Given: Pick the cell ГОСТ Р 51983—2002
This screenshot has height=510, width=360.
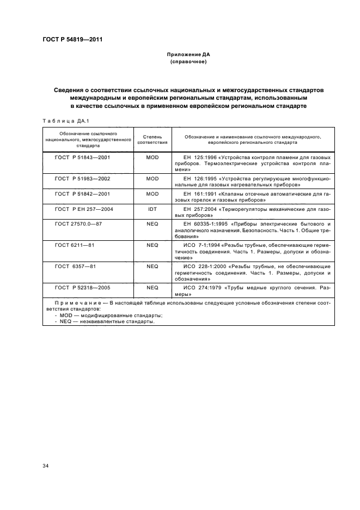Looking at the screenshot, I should point(82,178).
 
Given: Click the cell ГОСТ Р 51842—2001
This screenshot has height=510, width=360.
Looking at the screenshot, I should point(82,193).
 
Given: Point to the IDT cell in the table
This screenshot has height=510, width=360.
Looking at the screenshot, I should point(152,209).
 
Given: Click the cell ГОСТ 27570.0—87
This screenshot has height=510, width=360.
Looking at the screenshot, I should point(80,223).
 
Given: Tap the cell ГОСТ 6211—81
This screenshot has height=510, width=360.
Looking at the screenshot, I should point(75,245).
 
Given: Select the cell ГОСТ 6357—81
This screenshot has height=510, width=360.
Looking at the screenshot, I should point(75,266).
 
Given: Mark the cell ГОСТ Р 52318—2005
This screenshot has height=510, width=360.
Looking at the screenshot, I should point(82,287).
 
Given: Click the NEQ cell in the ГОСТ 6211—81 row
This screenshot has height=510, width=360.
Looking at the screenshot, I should point(152,245).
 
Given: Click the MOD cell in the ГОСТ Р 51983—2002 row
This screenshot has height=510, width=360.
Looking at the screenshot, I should point(152,178).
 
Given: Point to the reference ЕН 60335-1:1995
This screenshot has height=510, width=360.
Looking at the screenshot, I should point(206,223).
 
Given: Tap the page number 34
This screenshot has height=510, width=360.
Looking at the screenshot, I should point(46,465).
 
